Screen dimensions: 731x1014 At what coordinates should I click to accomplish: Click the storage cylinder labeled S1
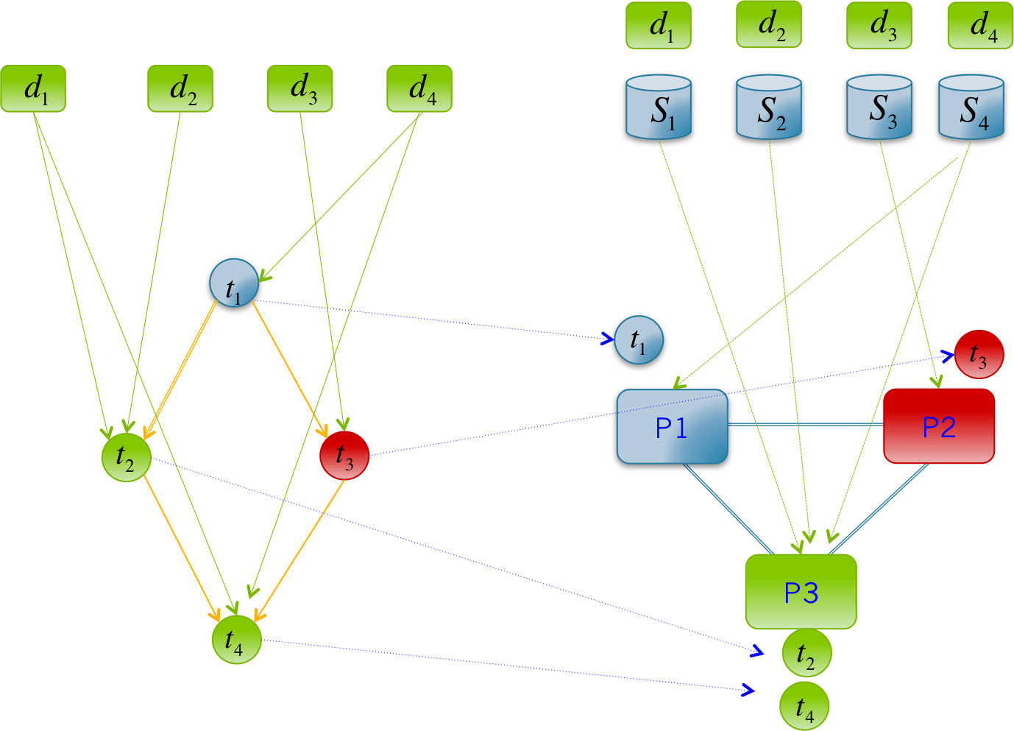(x=659, y=109)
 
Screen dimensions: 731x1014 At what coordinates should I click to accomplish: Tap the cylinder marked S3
(x=879, y=109)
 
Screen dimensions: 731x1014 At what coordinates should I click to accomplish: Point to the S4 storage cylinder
(x=971, y=109)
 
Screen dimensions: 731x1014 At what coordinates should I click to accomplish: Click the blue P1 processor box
(x=672, y=428)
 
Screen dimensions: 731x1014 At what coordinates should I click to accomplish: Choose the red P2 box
(x=939, y=426)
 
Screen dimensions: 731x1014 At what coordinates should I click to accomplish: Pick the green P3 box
(x=801, y=592)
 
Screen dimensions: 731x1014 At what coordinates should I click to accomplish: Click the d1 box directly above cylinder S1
(x=659, y=26)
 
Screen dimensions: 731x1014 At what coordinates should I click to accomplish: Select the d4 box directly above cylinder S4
(x=980, y=26)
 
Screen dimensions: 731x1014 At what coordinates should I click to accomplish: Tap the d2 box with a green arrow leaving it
(x=180, y=89)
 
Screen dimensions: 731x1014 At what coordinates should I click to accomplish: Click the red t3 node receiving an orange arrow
(x=344, y=456)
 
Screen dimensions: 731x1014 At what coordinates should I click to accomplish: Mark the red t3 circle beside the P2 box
(x=979, y=355)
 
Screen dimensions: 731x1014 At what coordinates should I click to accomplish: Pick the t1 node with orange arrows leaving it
(x=234, y=285)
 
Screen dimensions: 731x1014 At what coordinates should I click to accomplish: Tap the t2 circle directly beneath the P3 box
(x=806, y=653)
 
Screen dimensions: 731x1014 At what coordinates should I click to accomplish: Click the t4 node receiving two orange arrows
(x=237, y=639)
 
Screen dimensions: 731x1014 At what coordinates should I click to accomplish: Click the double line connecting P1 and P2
(x=806, y=425)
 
